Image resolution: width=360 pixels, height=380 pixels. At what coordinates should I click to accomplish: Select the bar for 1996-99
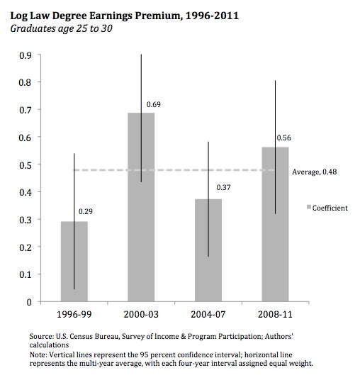click(x=74, y=261)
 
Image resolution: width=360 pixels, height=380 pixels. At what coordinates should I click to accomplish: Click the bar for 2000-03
click(x=141, y=207)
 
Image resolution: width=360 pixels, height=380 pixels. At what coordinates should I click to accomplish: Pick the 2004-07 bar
click(x=208, y=250)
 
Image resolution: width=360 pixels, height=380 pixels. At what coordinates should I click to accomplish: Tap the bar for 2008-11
click(x=275, y=224)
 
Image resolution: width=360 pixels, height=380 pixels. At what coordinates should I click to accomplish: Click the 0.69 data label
click(x=154, y=104)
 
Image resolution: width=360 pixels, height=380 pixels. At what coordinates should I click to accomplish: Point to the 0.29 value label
click(x=86, y=211)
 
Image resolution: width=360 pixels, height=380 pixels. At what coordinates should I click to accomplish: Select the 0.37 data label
click(x=223, y=187)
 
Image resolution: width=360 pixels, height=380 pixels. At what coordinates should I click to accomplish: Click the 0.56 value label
click(x=283, y=138)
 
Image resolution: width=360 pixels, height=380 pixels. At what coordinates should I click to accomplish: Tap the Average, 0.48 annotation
click(x=314, y=172)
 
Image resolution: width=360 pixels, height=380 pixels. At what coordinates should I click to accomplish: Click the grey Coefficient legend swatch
click(x=309, y=207)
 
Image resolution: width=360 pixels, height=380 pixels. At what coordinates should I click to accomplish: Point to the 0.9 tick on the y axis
click(x=26, y=55)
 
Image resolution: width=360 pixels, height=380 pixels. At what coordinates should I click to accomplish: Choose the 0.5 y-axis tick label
click(x=26, y=165)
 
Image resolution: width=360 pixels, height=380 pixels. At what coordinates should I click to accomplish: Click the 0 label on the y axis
click(x=29, y=302)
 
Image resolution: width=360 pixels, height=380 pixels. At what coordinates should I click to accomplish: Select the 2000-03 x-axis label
click(x=141, y=314)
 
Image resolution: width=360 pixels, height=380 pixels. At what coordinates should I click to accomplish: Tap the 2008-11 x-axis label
click(x=275, y=314)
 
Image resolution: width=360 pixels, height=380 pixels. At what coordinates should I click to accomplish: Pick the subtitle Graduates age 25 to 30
click(x=61, y=28)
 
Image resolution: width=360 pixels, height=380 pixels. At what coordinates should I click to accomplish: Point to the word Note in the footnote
click(x=38, y=354)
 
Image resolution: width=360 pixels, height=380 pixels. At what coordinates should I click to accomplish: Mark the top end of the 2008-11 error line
click(x=275, y=80)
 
